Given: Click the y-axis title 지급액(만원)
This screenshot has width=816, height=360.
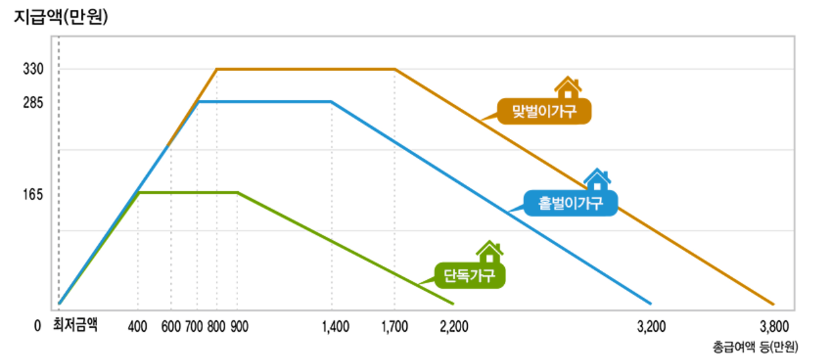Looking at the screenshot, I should [x=61, y=18].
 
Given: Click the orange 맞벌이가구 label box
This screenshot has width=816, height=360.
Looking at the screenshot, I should [x=544, y=112].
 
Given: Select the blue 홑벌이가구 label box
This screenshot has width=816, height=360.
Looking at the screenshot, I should [x=569, y=204].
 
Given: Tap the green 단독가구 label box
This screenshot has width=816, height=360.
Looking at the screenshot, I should [x=470, y=275].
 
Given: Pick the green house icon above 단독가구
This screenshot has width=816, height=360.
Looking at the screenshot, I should [x=489, y=252].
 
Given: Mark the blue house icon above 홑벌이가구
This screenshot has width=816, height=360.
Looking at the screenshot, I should [x=597, y=179].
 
